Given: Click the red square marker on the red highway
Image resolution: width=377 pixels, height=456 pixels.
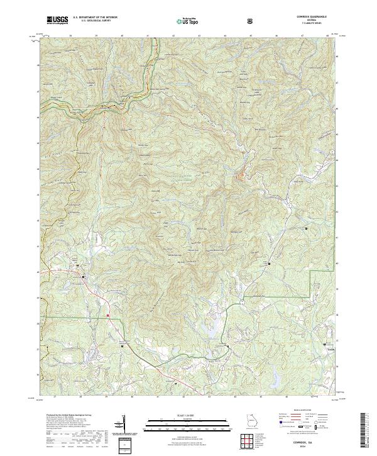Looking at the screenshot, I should coord(108,314).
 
